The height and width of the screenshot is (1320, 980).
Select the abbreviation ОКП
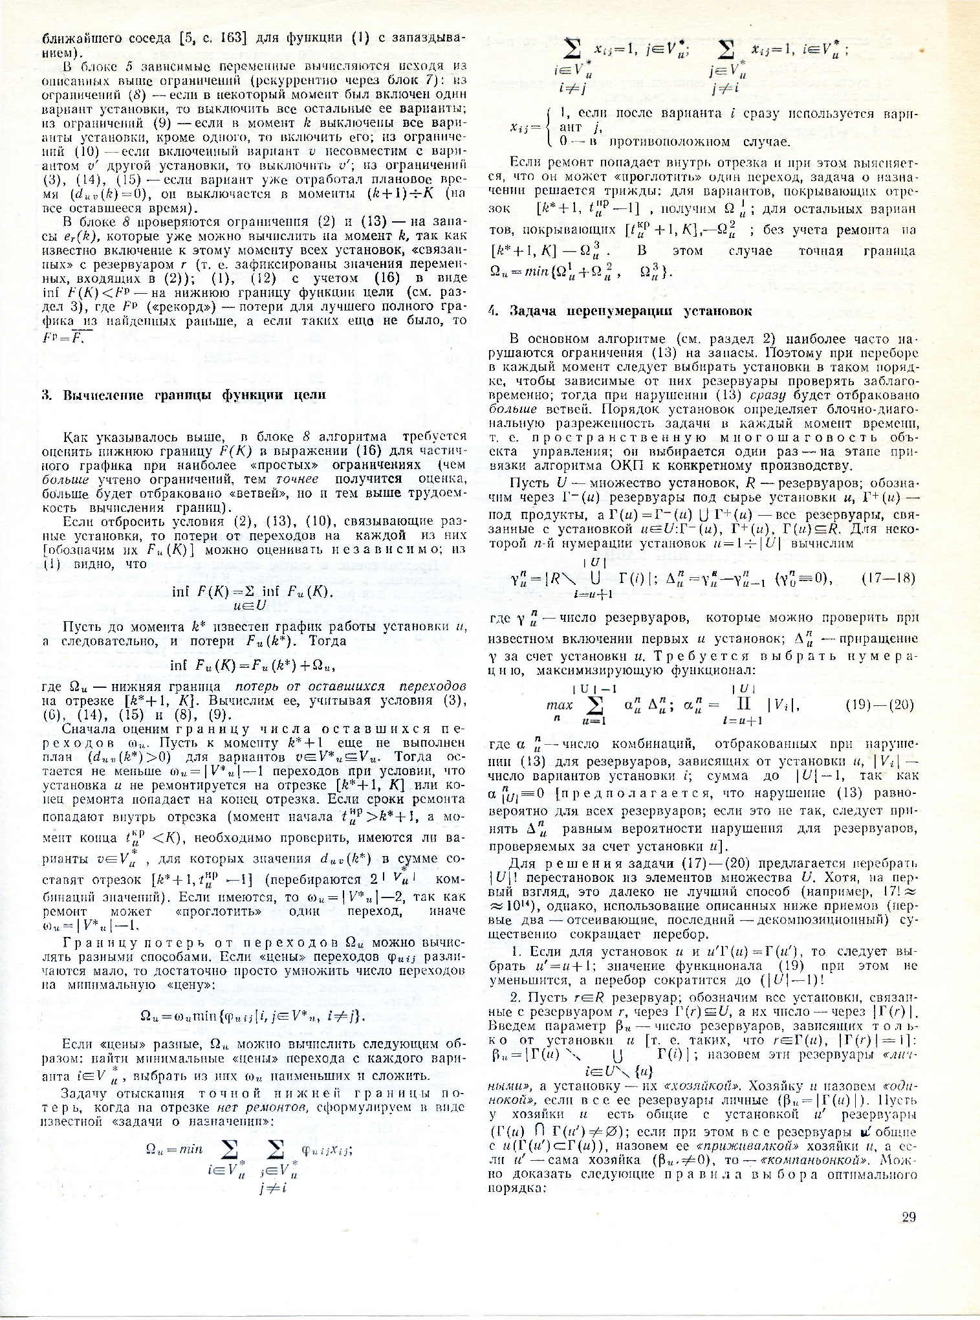tap(626, 465)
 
